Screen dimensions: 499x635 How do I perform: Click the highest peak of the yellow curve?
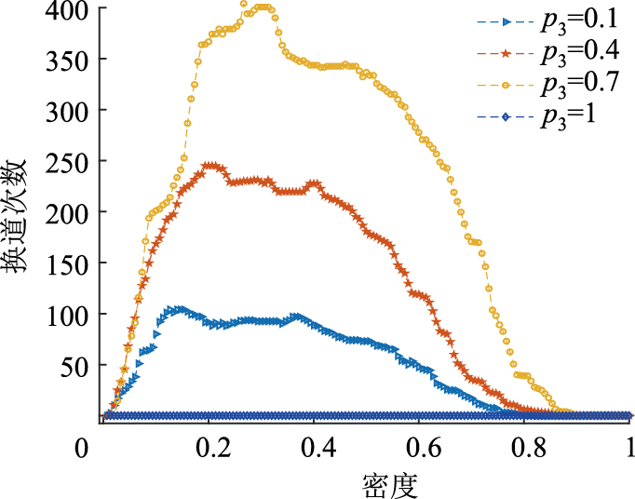pos(244,5)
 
